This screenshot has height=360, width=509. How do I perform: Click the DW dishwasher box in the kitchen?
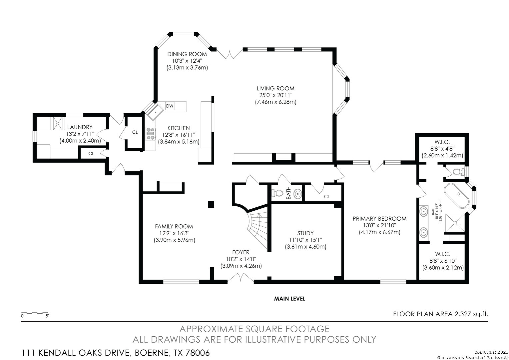click(170, 106)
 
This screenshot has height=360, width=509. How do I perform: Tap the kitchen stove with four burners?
click(151, 134)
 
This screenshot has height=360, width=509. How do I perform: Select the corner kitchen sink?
click(155, 113)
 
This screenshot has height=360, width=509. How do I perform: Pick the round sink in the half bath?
click(298, 194)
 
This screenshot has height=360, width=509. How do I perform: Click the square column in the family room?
click(211, 204)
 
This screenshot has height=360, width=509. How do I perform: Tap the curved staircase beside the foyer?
click(258, 226)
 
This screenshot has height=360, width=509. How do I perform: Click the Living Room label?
click(275, 88)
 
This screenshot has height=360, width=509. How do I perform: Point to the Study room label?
click(305, 233)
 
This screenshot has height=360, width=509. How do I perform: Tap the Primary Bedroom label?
click(379, 219)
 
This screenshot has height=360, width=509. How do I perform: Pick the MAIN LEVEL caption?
click(289, 299)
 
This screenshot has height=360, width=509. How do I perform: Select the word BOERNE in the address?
click(151, 353)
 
